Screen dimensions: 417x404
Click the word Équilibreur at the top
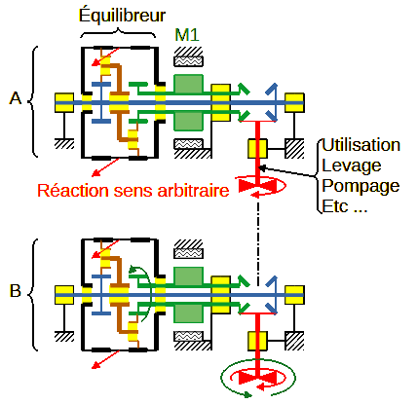pos(122,16)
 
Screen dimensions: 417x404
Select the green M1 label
pos(187,34)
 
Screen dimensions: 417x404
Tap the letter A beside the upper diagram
pos(16,98)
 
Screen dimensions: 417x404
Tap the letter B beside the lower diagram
pos(16,291)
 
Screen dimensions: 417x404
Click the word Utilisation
pos(360,145)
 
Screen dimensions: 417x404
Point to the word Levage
pos(352,165)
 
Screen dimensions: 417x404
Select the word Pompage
pos(360,186)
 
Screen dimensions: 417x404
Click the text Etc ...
pos(335,206)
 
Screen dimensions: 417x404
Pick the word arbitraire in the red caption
pos(193,191)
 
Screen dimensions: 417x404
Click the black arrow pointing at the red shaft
pos(287,171)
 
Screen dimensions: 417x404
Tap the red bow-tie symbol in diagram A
pos(257,186)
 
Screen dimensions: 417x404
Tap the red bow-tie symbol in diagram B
pos(257,378)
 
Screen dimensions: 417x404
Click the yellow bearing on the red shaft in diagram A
pos(257,149)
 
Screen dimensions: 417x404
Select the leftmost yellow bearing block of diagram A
pos(64,102)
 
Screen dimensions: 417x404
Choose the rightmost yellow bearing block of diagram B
pos(294,295)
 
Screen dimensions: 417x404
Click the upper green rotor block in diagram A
pos(189,84)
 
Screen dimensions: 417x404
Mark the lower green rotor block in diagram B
pos(189,313)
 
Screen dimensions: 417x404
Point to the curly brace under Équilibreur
pos(118,33)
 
